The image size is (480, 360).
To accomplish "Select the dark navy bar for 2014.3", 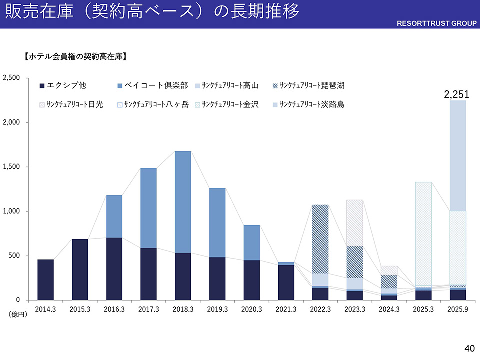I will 45,280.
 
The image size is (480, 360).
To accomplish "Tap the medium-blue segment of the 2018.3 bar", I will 183,202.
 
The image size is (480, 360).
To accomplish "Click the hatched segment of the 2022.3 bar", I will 320,239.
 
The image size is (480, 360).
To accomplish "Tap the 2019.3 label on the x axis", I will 217,310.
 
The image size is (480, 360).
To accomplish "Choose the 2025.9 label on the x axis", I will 458,310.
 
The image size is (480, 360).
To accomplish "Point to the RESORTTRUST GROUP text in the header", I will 437,23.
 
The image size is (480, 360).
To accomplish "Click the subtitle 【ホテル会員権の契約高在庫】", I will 75,57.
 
